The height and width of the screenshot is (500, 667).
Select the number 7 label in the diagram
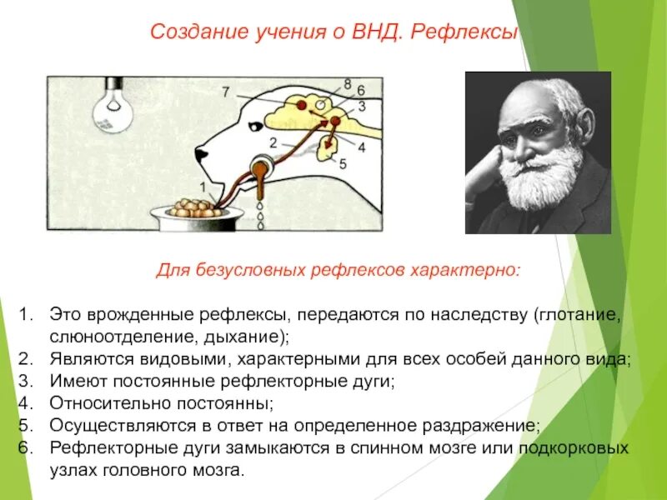point(225,92)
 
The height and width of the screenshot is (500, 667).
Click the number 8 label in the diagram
point(347,83)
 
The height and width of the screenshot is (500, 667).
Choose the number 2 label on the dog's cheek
point(273,142)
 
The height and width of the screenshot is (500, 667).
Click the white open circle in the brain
point(319,105)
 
